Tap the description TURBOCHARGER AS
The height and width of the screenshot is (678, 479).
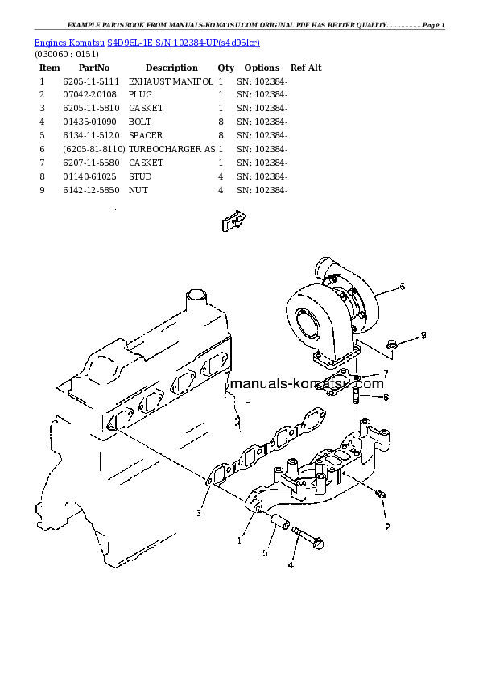171,149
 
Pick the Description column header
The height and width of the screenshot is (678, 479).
171,68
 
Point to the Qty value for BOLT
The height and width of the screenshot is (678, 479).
220,122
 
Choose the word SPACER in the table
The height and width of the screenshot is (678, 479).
146,135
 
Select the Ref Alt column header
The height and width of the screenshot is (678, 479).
306,68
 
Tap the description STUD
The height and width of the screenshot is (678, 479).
140,176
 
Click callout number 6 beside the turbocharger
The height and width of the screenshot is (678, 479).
402,286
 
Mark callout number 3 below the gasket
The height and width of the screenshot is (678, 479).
198,512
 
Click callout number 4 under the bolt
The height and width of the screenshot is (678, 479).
291,564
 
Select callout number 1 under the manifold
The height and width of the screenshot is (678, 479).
239,540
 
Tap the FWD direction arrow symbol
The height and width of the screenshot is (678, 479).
233,221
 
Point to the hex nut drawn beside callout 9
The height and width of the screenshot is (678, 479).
391,345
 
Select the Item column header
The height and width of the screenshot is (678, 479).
50,68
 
